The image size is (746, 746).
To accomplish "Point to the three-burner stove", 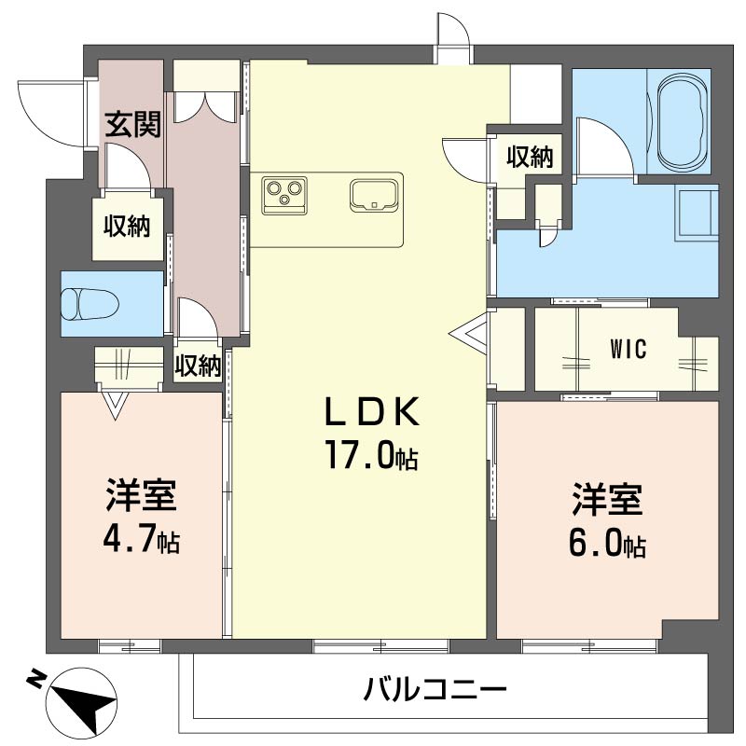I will pos(285,191).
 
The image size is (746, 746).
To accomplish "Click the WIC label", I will pos(629,350).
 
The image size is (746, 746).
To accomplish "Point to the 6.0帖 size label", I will pos(607,544).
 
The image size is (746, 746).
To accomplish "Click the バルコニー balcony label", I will pos(435,691).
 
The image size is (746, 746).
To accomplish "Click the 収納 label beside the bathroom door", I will pos(530,157).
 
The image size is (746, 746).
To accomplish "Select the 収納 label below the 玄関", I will pos(127,225).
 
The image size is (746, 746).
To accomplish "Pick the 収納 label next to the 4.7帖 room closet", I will pos(198,366).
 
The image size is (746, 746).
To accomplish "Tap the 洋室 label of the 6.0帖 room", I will pos(607,500).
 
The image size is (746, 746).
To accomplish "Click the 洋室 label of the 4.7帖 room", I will pos(141,495).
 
